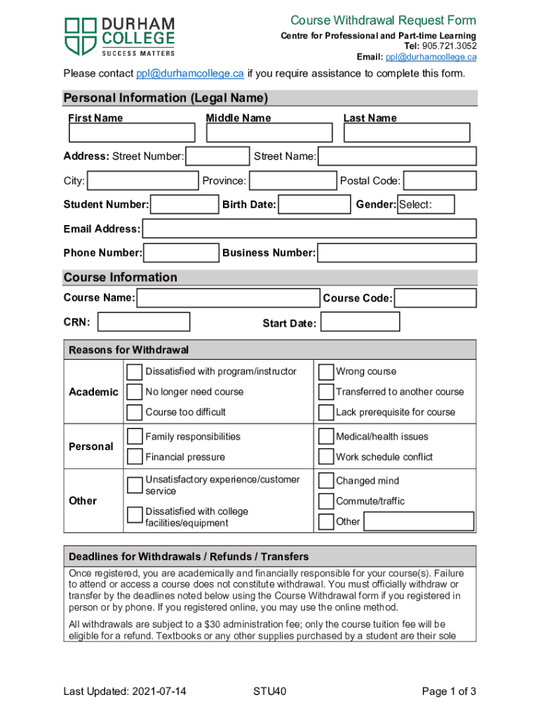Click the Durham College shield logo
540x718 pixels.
click(81, 36)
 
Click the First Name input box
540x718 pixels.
click(131, 133)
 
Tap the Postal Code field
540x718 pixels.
click(439, 181)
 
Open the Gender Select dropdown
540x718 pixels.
click(426, 205)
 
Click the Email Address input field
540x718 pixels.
click(309, 229)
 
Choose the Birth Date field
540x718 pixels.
click(313, 205)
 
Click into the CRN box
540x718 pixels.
click(143, 322)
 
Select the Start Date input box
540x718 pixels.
click(359, 323)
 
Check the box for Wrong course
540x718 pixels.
click(325, 372)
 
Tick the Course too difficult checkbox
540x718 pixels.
click(135, 412)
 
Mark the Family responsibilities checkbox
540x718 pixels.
click(135, 437)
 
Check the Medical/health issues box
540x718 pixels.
click(325, 437)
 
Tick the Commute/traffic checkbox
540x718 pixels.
click(325, 501)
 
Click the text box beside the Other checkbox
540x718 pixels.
click(419, 522)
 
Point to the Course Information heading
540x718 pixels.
click(121, 278)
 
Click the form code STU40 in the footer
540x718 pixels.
click(270, 692)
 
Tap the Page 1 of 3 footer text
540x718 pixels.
click(449, 692)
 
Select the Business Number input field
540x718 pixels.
click(396, 252)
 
